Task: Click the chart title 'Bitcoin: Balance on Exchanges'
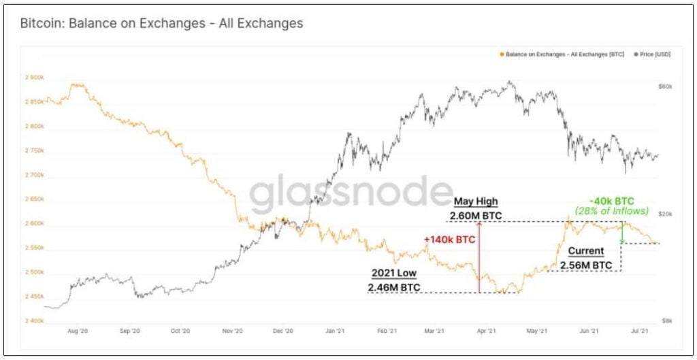(x=161, y=23)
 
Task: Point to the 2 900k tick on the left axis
(x=34, y=77)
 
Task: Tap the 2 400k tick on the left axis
(x=34, y=321)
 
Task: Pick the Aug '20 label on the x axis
(x=78, y=331)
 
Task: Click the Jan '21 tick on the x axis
(x=334, y=331)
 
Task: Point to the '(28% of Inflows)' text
(x=612, y=212)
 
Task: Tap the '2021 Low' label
(x=393, y=273)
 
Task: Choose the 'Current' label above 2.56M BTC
(x=585, y=251)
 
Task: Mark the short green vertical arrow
(x=621, y=233)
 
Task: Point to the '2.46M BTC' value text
(x=393, y=288)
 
